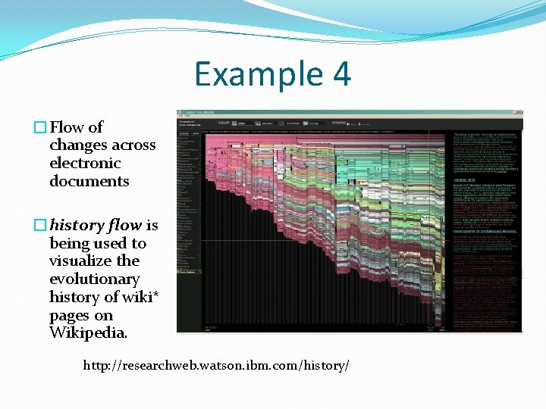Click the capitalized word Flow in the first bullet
[66, 127]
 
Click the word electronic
[85, 164]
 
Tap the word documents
[89, 182]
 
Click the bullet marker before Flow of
[42, 127]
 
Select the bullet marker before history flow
[42, 226]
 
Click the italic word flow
[124, 226]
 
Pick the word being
[68, 244]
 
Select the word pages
[70, 316]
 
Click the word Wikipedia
[88, 334]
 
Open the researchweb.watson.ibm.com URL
[216, 366]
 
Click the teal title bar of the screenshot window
[349, 113]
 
